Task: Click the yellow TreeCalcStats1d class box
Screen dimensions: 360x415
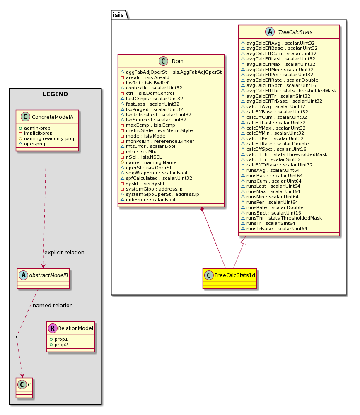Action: (230, 278)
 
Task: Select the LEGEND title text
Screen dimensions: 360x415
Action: (56, 94)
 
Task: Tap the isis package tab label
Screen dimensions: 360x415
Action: (118, 15)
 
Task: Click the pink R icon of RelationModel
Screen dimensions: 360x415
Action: (53, 328)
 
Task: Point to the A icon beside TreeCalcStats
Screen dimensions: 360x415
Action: (270, 32)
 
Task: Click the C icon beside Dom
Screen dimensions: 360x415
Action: (163, 61)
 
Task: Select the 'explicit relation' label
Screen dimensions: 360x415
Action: (64, 253)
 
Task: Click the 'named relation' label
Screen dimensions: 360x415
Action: (53, 305)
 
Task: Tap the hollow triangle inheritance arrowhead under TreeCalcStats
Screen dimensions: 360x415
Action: (244, 240)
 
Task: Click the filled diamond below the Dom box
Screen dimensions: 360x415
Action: (202, 210)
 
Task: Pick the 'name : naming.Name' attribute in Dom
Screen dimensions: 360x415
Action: (148, 162)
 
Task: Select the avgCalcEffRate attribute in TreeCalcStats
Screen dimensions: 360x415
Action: (280, 80)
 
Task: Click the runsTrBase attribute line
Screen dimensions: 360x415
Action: (274, 229)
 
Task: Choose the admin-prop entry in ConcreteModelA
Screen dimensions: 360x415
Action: (35, 128)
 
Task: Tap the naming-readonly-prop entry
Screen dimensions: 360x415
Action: (47, 139)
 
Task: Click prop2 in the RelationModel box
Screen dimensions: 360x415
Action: (59, 345)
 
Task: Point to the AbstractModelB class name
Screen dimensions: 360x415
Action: (48, 275)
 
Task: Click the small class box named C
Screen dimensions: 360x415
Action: (24, 388)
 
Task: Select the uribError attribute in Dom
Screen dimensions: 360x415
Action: (148, 200)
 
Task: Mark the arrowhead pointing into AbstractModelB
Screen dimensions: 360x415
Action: (43, 266)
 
